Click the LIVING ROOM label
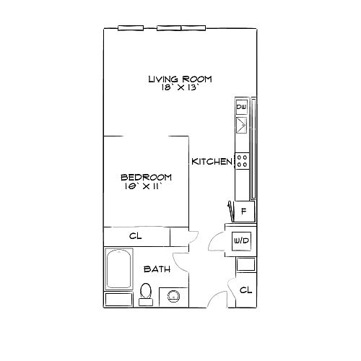click(x=180, y=79)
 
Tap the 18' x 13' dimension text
click(x=180, y=87)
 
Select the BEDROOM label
click(x=146, y=178)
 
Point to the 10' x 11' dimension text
click(x=143, y=186)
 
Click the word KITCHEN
click(x=212, y=162)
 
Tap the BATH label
click(x=157, y=269)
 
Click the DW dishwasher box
click(x=241, y=107)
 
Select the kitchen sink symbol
click(x=241, y=125)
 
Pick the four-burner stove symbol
click(x=242, y=161)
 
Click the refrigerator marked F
click(x=244, y=212)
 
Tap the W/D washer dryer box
click(x=241, y=240)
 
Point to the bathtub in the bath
click(x=119, y=269)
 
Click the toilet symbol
click(x=146, y=294)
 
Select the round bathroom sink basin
click(x=173, y=296)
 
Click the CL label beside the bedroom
click(x=136, y=236)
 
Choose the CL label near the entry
click(x=246, y=290)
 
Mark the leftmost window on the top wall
click(x=131, y=28)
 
